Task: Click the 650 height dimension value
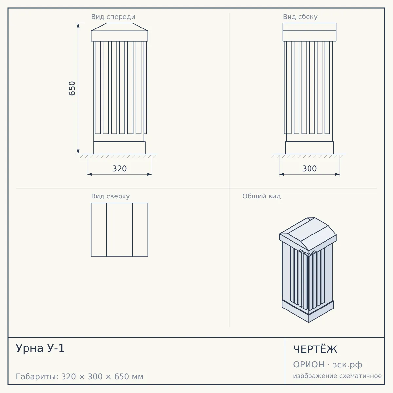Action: tap(72, 88)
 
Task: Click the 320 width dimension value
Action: tap(120, 169)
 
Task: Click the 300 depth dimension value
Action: tap(309, 169)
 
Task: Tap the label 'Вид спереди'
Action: tap(113, 17)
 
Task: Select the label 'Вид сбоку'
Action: tap(300, 17)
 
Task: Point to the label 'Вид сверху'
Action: tap(110, 196)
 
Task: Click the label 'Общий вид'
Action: tap(261, 196)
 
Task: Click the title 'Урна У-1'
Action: tap(40, 348)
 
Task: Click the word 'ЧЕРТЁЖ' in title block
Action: tap(315, 349)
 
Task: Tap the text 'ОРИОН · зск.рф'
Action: tap(327, 365)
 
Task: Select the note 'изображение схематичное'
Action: tap(337, 376)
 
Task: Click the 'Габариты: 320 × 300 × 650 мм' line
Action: tap(80, 377)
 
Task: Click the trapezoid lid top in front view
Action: tap(120, 27)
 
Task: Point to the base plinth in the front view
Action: tap(120, 148)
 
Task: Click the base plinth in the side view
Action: tap(309, 148)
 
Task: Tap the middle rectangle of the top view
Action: tap(120, 230)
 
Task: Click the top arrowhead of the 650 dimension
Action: tap(78, 25)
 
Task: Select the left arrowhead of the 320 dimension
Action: tap(89, 174)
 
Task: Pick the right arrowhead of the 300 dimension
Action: tap(338, 174)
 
